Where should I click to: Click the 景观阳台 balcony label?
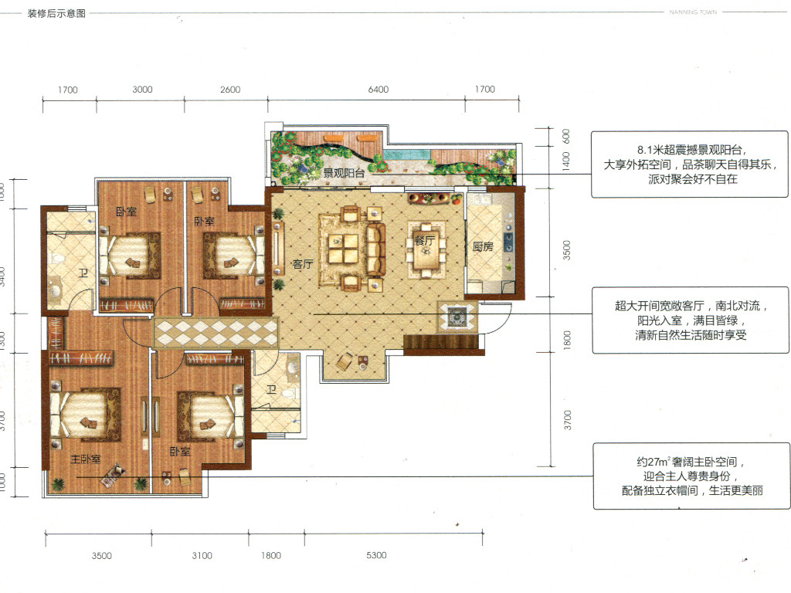(x=344, y=173)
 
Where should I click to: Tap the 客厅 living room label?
(x=303, y=264)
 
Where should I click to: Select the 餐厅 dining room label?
(x=424, y=241)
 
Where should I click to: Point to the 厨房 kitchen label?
(x=483, y=246)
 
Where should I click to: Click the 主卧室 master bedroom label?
(x=85, y=459)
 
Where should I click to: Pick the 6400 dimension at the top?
(x=379, y=90)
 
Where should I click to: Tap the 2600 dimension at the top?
(x=230, y=90)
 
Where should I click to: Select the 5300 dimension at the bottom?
(x=376, y=555)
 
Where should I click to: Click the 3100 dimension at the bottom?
(x=202, y=556)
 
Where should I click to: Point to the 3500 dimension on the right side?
(x=566, y=250)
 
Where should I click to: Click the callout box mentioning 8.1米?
(x=690, y=164)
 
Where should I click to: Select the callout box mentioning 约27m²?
(x=691, y=476)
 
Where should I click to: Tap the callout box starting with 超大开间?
(x=691, y=320)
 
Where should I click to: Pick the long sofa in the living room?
(x=376, y=249)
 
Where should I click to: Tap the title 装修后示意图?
(x=56, y=14)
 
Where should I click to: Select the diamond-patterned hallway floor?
(x=216, y=333)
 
